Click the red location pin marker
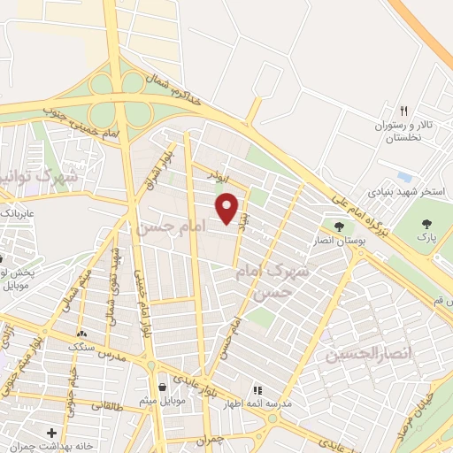pyautogui.click(x=228, y=207)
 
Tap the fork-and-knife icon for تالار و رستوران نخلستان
pyautogui.click(x=403, y=111)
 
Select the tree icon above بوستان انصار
pyautogui.click(x=339, y=226)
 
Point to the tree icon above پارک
pyautogui.click(x=427, y=224)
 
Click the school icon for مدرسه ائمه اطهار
pyautogui.click(x=257, y=389)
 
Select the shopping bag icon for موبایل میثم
pyautogui.click(x=162, y=388)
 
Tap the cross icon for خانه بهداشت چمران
pyautogui.click(x=52, y=433)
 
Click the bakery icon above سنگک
pyautogui.click(x=82, y=334)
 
